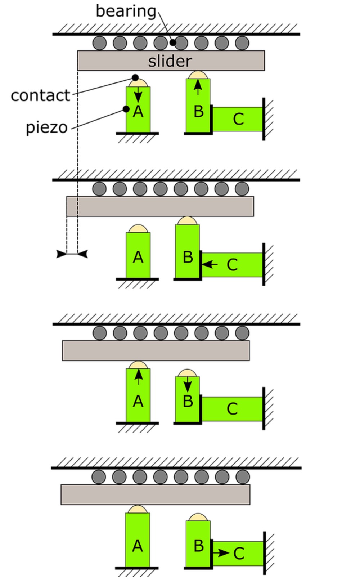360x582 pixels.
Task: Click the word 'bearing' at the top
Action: click(x=126, y=11)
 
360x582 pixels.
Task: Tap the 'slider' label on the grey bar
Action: click(x=170, y=61)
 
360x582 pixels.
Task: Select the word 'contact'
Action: click(x=40, y=95)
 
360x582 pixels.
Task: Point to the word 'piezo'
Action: click(x=46, y=127)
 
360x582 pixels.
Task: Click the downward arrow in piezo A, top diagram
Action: click(x=138, y=95)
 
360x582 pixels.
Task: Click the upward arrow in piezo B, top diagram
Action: click(x=198, y=87)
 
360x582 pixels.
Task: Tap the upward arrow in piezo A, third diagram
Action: click(x=138, y=377)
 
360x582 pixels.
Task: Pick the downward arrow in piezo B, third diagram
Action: click(x=187, y=384)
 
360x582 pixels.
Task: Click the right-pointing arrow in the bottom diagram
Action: click(x=221, y=552)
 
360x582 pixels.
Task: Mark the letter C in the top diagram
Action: click(x=238, y=119)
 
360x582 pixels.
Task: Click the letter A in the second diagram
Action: click(x=138, y=258)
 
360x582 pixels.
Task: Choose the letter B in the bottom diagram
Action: click(x=198, y=546)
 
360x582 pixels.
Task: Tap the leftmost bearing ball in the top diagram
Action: click(x=100, y=43)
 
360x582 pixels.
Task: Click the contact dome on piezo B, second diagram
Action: click(x=187, y=220)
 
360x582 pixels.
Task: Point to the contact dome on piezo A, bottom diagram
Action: click(x=138, y=509)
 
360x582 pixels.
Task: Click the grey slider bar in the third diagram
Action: click(x=156, y=350)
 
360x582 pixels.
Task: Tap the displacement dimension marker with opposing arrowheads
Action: click(x=72, y=254)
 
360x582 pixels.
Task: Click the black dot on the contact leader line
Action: click(x=135, y=77)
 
